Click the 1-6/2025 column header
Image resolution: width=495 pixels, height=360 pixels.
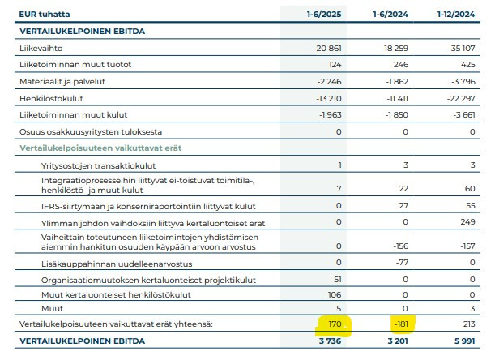pos(324,15)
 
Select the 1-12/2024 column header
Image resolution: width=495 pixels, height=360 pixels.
pos(456,15)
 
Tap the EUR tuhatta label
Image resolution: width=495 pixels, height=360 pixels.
pos(45,15)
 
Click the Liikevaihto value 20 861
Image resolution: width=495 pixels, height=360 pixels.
pos(329,48)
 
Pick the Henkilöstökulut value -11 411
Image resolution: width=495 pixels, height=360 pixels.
pos(397,99)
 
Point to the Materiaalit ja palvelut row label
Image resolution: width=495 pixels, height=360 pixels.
pos(62,82)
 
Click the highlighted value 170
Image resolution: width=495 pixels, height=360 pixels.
pos(335,324)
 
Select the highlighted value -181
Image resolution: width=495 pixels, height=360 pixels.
pos(401,324)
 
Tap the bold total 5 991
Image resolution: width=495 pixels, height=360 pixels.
pos(464,341)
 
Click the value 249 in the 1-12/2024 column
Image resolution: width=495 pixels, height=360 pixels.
pos(467,222)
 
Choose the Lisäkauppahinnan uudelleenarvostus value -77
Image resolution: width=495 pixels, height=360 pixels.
pos(402,263)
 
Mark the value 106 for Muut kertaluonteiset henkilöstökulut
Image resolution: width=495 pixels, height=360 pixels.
pos(335,294)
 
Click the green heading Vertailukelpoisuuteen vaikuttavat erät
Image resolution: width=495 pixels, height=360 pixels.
pos(100,148)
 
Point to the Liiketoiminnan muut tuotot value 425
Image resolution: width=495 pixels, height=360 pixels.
pos(467,65)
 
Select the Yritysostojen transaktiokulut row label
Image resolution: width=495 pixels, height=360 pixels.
pos(99,165)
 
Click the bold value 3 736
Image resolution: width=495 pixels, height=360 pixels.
pos(330,341)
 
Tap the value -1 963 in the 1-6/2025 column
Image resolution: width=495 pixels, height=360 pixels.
pos(331,115)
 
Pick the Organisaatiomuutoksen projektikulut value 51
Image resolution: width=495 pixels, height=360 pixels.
pos(338,280)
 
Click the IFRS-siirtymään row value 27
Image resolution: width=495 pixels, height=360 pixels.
pos(403,206)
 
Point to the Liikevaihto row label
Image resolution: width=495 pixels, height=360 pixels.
pos(41,48)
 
